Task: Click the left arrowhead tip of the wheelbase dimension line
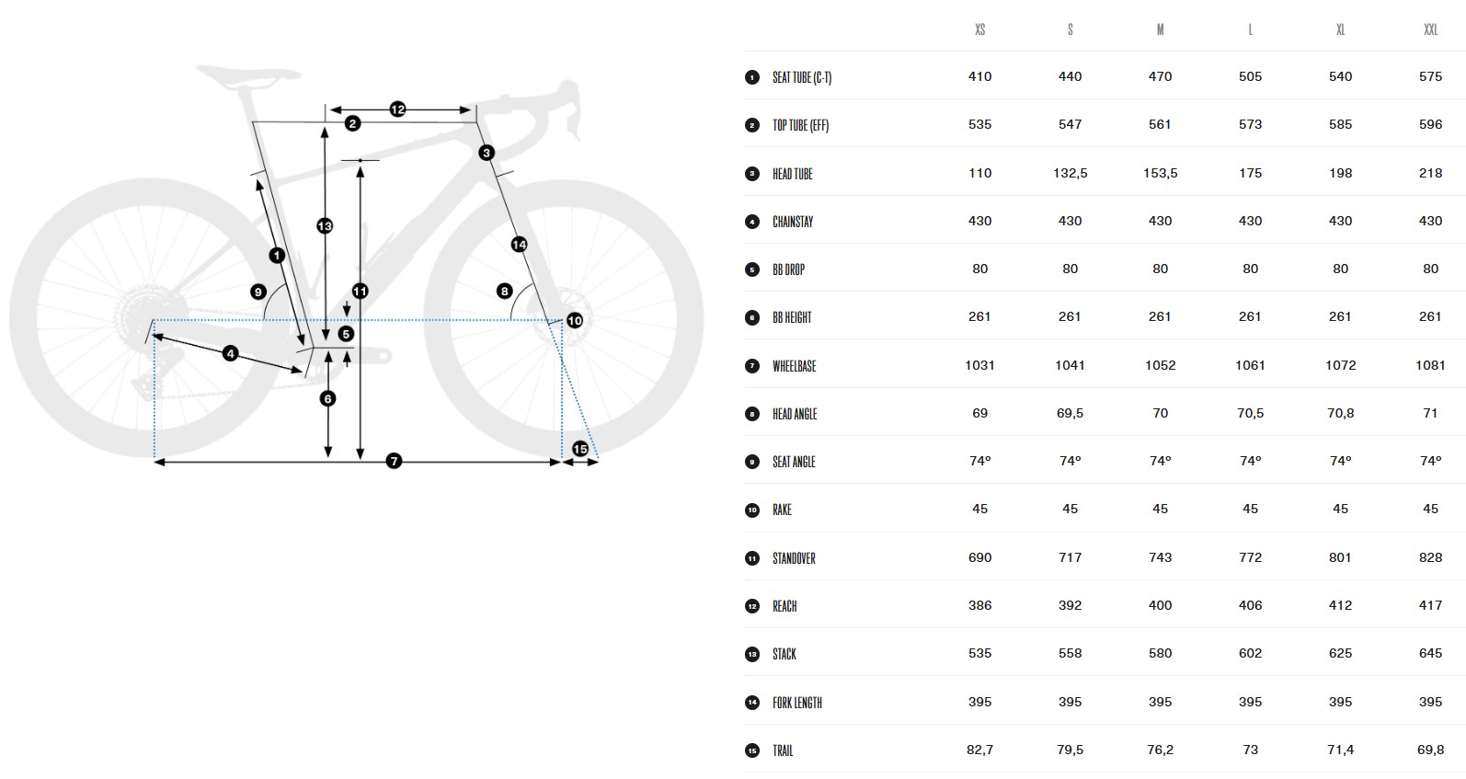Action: pos(155,463)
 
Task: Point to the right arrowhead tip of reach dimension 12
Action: pos(471,110)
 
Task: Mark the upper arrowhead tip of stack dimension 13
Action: pos(325,128)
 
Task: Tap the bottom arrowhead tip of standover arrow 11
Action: pos(360,458)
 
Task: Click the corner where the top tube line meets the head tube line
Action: pos(475,122)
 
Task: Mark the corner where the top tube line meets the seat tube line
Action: pos(253,121)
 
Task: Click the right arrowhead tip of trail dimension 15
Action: pos(598,463)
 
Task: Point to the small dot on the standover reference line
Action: pos(360,160)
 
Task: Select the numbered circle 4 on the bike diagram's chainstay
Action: pos(230,353)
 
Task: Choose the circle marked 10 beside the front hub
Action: pos(575,320)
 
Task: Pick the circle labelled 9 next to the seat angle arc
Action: pos(258,292)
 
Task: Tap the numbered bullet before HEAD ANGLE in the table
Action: pos(752,414)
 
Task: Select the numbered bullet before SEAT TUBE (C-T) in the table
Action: pos(752,77)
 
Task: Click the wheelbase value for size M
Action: pos(1161,365)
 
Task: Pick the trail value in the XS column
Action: pos(979,750)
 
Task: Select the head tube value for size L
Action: pos(1250,173)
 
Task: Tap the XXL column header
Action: pos(1431,29)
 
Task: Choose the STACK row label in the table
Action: pos(785,654)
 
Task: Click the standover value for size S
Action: pos(1070,557)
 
